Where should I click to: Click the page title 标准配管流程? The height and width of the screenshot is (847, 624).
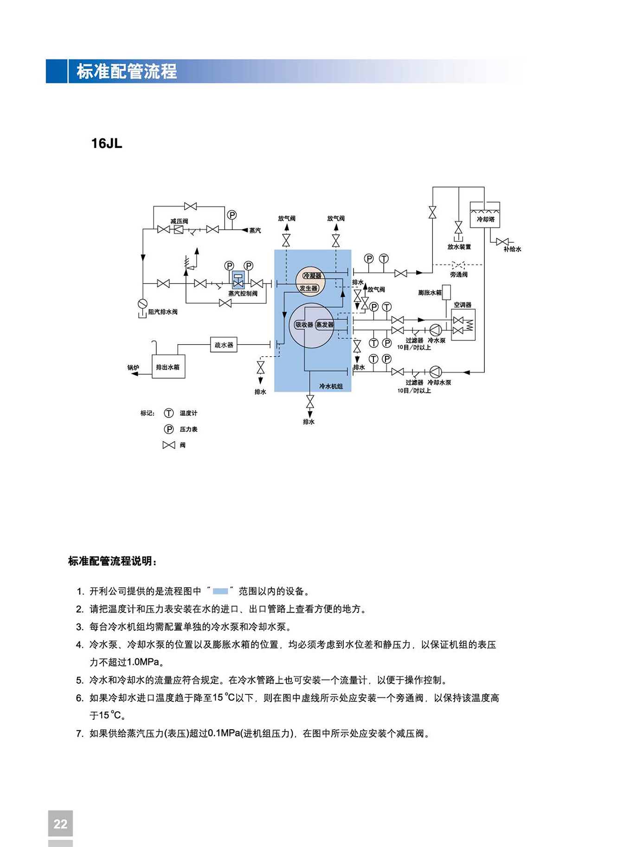click(x=127, y=71)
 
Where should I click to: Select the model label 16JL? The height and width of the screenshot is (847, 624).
click(x=107, y=143)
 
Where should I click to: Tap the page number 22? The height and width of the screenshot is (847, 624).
click(x=60, y=824)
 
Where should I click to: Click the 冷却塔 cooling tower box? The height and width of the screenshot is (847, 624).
click(x=485, y=215)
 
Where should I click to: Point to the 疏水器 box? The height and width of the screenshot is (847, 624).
click(x=224, y=345)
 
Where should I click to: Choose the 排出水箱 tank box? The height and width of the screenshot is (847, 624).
click(x=168, y=367)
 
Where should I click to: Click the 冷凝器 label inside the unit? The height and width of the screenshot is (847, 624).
click(x=312, y=276)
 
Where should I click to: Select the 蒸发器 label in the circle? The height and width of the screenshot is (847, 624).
click(x=325, y=325)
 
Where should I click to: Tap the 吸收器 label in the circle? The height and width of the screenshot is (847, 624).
click(x=304, y=325)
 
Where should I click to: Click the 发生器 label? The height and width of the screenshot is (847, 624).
click(x=309, y=289)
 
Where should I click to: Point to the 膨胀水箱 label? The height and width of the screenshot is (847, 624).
click(x=430, y=293)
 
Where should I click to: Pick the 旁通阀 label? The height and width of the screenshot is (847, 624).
click(x=459, y=275)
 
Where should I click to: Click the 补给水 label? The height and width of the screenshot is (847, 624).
click(x=512, y=249)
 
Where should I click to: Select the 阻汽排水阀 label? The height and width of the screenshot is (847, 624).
click(x=162, y=312)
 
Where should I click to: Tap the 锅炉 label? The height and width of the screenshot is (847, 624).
click(x=133, y=367)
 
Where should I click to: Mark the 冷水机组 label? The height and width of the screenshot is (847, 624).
click(x=331, y=386)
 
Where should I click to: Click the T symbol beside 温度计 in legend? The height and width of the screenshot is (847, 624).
click(x=169, y=413)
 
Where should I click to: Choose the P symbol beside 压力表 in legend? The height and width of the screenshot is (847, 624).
click(x=169, y=429)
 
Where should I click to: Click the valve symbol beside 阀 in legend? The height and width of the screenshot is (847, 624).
click(x=169, y=445)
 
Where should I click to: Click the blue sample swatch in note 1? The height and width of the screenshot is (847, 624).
click(x=220, y=591)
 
